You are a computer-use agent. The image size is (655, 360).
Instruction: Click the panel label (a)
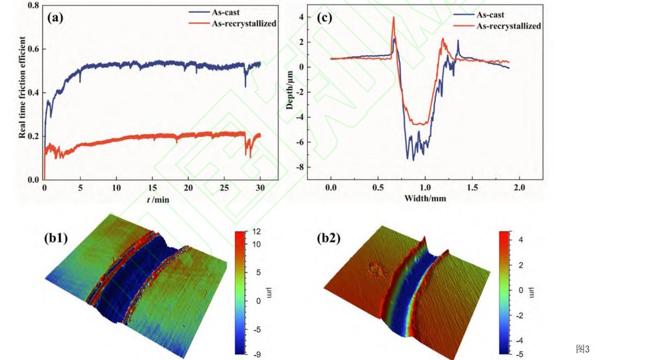[56, 17]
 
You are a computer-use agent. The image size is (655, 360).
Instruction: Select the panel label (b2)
[329, 238]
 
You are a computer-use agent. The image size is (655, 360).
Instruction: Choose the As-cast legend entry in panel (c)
[490, 15]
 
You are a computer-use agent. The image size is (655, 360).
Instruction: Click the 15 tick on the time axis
[152, 188]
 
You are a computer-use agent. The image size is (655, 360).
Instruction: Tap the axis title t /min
[158, 200]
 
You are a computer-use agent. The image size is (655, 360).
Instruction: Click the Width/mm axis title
[425, 198]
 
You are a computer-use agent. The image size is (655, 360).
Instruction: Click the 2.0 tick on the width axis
[519, 188]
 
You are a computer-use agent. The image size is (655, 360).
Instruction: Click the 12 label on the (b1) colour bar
[255, 232]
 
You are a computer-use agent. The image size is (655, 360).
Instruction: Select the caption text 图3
[583, 349]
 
